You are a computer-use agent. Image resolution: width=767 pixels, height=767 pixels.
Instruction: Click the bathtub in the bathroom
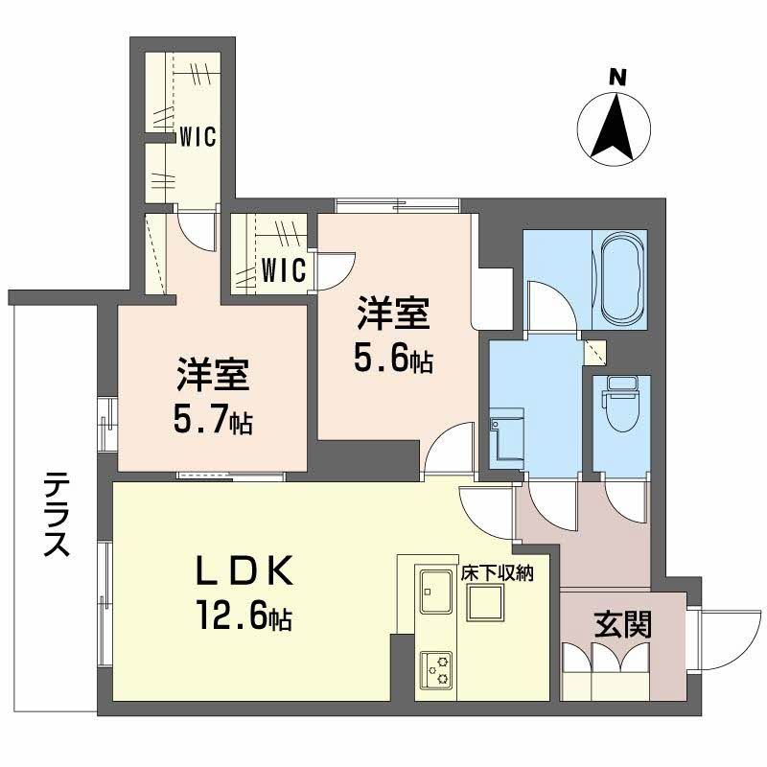(622, 274)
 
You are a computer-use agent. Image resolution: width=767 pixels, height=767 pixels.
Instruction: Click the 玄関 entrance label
(623, 624)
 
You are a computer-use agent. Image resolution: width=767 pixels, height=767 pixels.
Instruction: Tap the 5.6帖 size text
(392, 359)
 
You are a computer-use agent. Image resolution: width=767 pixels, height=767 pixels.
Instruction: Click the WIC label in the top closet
(197, 137)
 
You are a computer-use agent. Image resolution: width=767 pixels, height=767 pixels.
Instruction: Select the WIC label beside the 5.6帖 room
(285, 269)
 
